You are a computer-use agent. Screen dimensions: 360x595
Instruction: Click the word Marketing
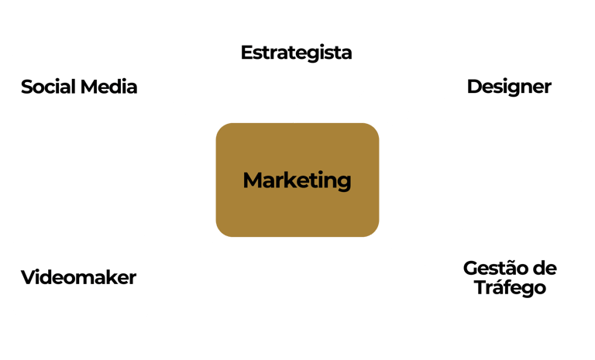[x=297, y=180]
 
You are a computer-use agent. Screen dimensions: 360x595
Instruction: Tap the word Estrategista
[x=297, y=53]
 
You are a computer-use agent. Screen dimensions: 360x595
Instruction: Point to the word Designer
[x=509, y=86]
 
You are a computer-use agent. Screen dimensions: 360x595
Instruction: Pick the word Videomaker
[x=79, y=277]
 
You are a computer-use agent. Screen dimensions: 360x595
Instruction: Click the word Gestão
[x=494, y=269]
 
